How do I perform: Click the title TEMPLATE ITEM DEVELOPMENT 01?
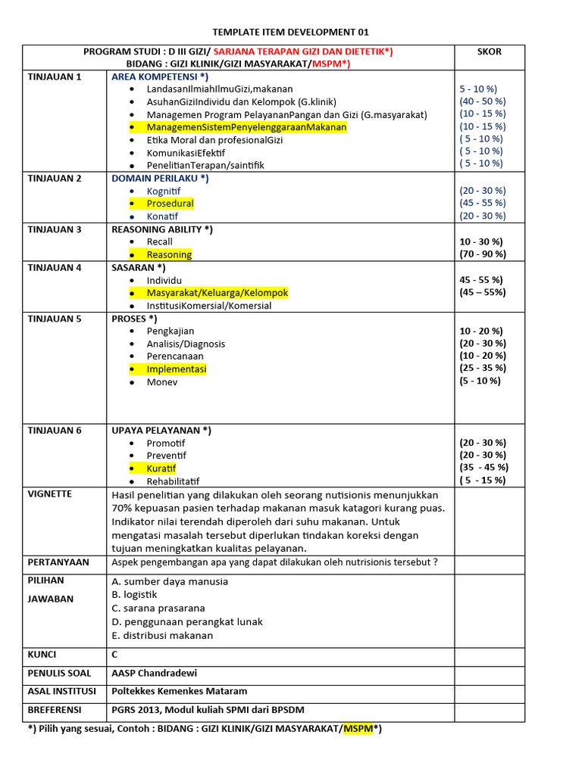coord(292,32)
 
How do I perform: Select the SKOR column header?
coord(489,51)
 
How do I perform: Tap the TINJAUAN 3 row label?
coord(54,229)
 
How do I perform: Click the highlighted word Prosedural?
coord(170,204)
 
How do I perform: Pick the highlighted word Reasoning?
coord(169,255)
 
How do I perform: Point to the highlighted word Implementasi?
coord(176,369)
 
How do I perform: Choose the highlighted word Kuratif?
coord(161,468)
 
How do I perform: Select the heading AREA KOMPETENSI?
coord(160,77)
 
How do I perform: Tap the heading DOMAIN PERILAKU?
coord(160,179)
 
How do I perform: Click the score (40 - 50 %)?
coord(483,101)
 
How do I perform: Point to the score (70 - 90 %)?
coord(483,254)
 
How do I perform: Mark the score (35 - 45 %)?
coord(483,468)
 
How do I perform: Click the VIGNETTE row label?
coord(50,494)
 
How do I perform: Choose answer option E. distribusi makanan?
coord(162,636)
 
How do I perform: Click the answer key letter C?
coord(115,655)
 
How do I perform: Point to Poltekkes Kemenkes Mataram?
coord(179,692)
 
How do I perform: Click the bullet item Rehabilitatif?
coord(173,481)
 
